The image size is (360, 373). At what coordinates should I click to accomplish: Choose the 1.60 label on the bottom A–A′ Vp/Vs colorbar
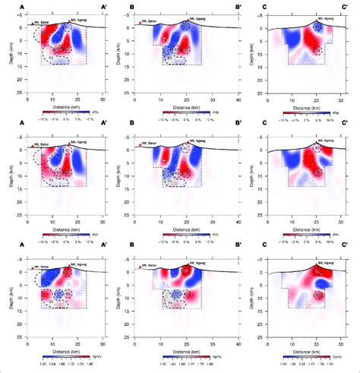point(30,363)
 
